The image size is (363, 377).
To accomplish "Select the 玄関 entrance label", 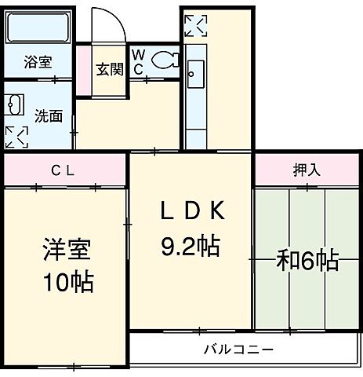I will pyautogui.click(x=109, y=68).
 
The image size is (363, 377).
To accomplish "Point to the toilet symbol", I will pyautogui.click(x=164, y=59).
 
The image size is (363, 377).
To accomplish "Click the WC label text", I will pyautogui.click(x=138, y=61).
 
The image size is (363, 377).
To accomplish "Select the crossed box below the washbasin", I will pyautogui.click(x=15, y=135).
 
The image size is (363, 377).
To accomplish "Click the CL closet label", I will pyautogui.click(x=64, y=169).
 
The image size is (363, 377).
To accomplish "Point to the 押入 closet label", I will pyautogui.click(x=306, y=168).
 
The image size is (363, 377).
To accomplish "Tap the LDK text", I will pyautogui.click(x=193, y=211).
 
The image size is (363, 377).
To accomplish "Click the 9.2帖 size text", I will pyautogui.click(x=191, y=247).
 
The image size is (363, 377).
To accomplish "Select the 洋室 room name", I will pyautogui.click(x=67, y=251).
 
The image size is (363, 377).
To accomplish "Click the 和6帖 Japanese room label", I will pyautogui.click(x=307, y=262).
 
